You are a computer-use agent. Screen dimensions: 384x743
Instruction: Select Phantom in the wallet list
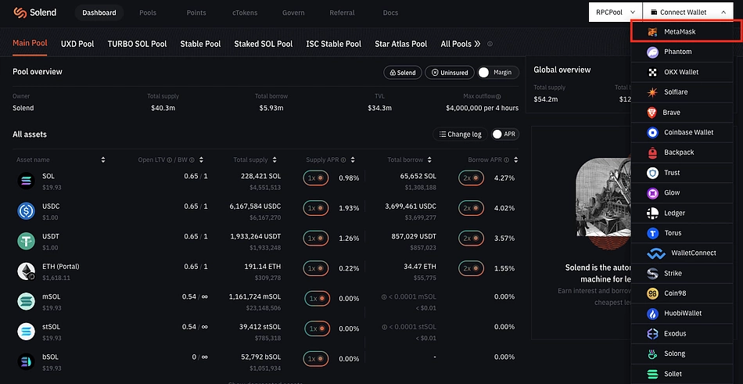pos(677,52)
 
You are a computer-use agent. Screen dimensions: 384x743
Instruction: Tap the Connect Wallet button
pos(684,13)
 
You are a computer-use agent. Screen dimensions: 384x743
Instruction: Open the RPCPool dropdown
pos(613,13)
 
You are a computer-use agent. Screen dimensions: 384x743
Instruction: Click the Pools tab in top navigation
pos(148,13)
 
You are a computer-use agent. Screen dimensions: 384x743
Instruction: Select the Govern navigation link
pos(293,13)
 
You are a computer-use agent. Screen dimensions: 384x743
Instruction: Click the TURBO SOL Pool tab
pos(137,44)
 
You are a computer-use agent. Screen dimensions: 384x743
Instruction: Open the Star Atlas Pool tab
pos(400,44)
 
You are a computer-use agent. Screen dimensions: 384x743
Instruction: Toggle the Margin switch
pos(484,72)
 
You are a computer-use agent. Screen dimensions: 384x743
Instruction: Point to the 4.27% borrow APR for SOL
pos(504,178)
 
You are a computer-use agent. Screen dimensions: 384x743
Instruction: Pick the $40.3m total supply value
pos(163,108)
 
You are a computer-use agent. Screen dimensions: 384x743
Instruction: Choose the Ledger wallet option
pos(674,213)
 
